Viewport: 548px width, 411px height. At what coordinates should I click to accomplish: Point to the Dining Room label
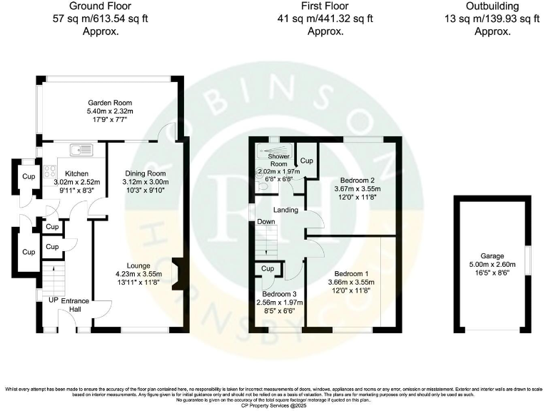click(x=146, y=173)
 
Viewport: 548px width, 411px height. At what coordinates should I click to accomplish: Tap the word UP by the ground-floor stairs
click(x=54, y=300)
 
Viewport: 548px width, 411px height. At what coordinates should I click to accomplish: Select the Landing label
click(x=285, y=209)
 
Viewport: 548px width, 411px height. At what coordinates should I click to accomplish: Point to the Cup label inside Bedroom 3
click(x=268, y=268)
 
